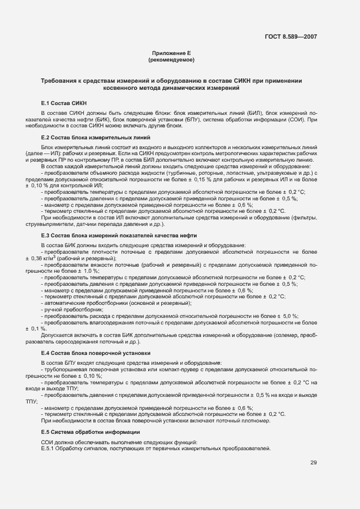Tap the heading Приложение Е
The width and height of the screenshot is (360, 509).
click(x=171, y=53)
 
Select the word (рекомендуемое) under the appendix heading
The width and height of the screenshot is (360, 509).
click(x=171, y=59)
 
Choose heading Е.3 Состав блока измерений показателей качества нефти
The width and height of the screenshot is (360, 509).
click(x=119, y=235)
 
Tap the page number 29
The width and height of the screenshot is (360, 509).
click(x=314, y=463)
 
